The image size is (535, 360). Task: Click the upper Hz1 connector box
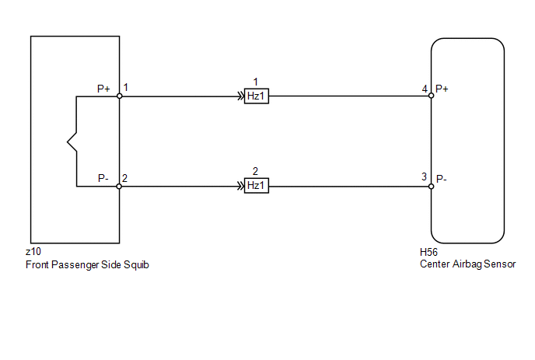[257, 96]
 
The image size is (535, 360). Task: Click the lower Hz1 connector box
[257, 186]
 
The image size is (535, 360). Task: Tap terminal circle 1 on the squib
[120, 96]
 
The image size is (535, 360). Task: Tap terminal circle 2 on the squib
[119, 187]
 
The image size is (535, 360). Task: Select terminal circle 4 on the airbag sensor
[432, 96]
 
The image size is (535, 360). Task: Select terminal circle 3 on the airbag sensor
[432, 187]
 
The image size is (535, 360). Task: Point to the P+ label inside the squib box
[103, 89]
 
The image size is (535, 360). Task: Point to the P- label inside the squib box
[103, 178]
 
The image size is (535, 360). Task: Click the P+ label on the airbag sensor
[442, 89]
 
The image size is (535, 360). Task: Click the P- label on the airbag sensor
[442, 179]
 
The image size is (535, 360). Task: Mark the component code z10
[33, 252]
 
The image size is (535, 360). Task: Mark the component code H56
[428, 252]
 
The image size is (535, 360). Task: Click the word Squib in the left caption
[136, 265]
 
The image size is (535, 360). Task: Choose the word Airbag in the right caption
[467, 264]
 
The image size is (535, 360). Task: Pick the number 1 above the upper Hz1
[256, 82]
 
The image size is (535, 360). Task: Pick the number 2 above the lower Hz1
[255, 171]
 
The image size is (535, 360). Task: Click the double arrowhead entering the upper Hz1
[241, 96]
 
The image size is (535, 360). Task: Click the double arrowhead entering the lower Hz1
[241, 187]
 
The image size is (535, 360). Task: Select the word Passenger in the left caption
[75, 265]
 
